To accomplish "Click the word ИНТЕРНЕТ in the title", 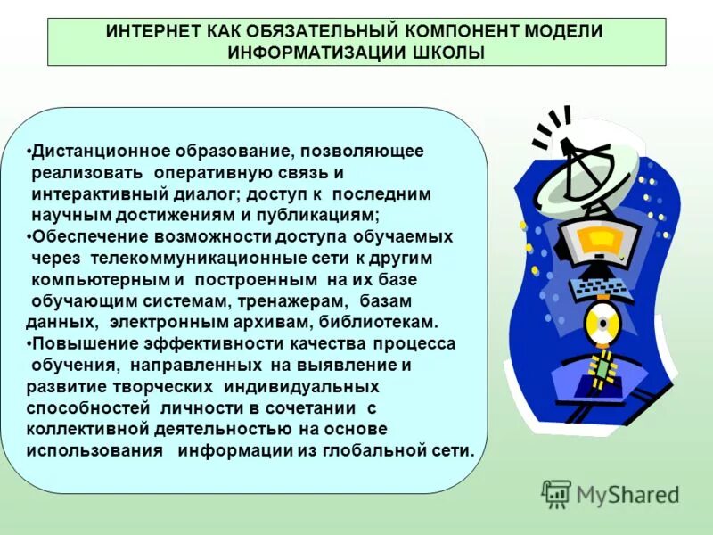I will click(150, 32).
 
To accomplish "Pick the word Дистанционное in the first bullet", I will click(93, 152).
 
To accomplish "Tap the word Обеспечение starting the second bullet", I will click(86, 237).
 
